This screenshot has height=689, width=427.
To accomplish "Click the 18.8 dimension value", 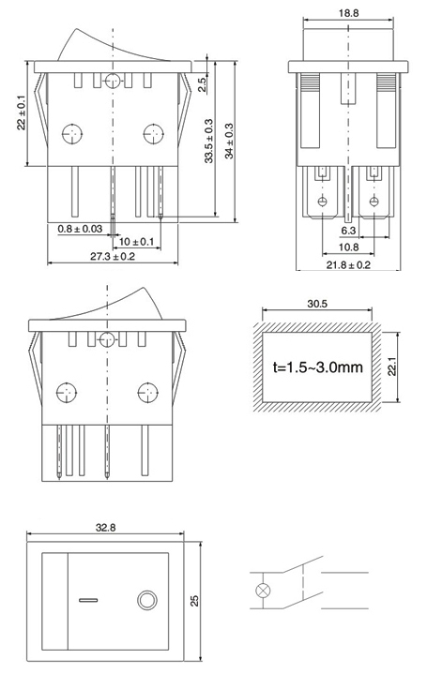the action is pyautogui.click(x=348, y=13).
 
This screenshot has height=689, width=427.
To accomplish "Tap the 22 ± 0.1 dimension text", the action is pyautogui.click(x=22, y=113).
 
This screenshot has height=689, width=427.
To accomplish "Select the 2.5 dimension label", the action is pyautogui.click(x=202, y=84).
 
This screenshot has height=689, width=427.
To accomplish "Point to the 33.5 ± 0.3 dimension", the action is pyautogui.click(x=208, y=141).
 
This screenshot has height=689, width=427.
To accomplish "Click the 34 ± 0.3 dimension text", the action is pyautogui.click(x=229, y=141).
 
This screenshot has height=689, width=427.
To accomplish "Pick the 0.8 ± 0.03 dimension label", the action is pyautogui.click(x=80, y=229).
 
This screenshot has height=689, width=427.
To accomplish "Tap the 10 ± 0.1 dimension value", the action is pyautogui.click(x=136, y=242).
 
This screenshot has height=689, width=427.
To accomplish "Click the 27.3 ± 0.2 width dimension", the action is pyautogui.click(x=113, y=256).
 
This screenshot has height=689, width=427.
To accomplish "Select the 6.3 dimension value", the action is pyautogui.click(x=348, y=231).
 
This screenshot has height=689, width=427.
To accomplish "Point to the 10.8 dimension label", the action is pyautogui.click(x=348, y=247).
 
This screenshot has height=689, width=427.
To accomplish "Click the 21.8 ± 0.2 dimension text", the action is pyautogui.click(x=348, y=265).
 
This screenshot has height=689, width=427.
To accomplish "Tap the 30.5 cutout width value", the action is pyautogui.click(x=317, y=304).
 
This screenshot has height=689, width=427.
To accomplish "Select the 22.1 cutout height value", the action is pyautogui.click(x=392, y=367).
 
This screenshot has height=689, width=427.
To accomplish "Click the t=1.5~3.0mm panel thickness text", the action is pyautogui.click(x=318, y=367).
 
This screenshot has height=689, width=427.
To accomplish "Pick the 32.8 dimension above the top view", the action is pyautogui.click(x=105, y=527).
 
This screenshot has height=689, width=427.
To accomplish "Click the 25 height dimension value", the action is pyautogui.click(x=194, y=601).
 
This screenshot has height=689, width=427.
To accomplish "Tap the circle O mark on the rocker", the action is pyautogui.click(x=147, y=600).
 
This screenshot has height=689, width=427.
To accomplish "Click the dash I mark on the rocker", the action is pyautogui.click(x=88, y=600).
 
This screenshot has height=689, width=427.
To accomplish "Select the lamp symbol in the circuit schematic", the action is pyautogui.click(x=263, y=591).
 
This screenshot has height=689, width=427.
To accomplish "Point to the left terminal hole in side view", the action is pyautogui.click(x=323, y=202).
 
